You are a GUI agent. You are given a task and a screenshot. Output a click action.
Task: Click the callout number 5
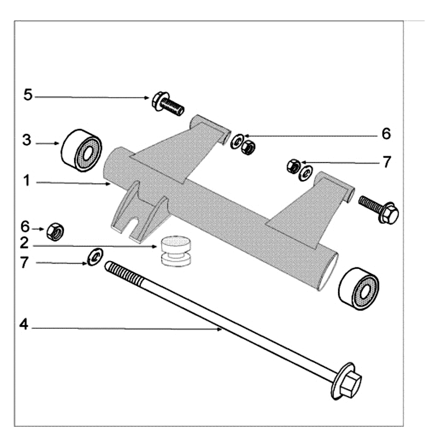(28, 96)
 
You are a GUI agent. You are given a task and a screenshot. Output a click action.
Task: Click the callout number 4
(24, 324)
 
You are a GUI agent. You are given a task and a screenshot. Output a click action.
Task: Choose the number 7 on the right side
(386, 161)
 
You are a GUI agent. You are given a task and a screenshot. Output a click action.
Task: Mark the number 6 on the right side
(386, 133)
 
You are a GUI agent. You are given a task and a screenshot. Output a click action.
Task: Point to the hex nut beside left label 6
(55, 232)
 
